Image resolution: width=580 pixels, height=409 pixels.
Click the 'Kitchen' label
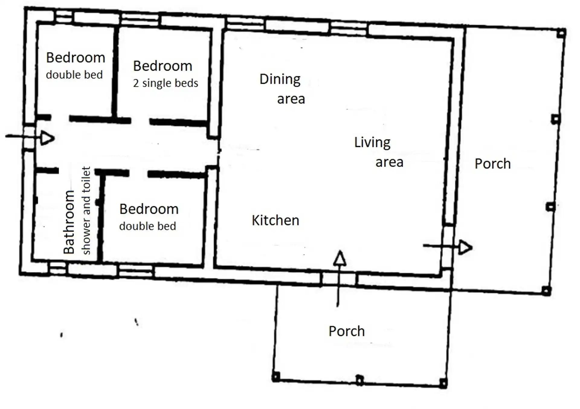[x=275, y=220]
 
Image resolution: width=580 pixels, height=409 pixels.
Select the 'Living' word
[x=372, y=143]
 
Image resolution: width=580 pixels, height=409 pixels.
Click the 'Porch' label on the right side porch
[x=492, y=164]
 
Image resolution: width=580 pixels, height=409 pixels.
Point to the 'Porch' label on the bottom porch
[x=346, y=331]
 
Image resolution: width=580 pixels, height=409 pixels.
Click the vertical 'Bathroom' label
[x=69, y=222]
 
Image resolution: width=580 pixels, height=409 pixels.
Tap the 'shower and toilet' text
[x=86, y=210]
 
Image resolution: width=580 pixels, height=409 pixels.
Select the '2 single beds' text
[x=166, y=83]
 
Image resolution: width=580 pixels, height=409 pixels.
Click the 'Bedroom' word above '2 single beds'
[x=163, y=66]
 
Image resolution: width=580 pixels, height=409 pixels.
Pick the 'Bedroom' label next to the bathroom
[x=149, y=209]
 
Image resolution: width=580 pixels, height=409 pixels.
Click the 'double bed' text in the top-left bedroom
[x=74, y=74]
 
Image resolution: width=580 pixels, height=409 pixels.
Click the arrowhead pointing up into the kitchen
[x=340, y=258]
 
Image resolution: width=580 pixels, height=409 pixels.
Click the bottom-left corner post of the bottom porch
[x=275, y=377]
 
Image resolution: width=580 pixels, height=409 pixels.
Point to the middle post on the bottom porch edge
[x=359, y=380]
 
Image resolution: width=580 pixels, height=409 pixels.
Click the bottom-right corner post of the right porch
[x=546, y=291]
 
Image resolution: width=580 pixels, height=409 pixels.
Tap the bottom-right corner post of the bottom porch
[x=443, y=383]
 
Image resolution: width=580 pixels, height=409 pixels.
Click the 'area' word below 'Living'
[x=389, y=162]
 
